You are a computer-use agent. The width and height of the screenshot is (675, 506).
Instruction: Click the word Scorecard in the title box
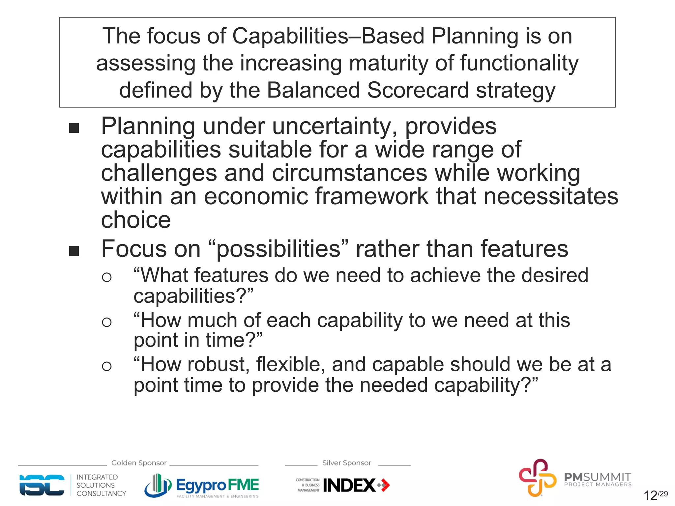pyautogui.click(x=418, y=90)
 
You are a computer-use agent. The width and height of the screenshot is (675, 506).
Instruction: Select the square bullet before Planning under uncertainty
pyautogui.click(x=74, y=128)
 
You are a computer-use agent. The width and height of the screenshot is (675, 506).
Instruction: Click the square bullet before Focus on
pyautogui.click(x=74, y=251)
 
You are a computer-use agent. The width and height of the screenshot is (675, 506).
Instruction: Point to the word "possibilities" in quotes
pyautogui.click(x=279, y=249)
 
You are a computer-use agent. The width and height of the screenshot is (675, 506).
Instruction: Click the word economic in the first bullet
pyautogui.click(x=256, y=196)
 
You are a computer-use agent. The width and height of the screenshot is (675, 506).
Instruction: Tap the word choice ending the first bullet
pyautogui.click(x=136, y=220)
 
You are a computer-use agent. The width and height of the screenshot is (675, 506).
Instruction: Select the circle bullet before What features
pyautogui.click(x=106, y=277)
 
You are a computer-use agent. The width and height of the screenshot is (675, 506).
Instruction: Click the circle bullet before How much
pyautogui.click(x=106, y=322)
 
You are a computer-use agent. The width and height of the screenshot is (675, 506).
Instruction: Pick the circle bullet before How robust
pyautogui.click(x=106, y=366)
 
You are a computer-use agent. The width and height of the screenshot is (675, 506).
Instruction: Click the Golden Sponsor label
pyautogui.click(x=139, y=463)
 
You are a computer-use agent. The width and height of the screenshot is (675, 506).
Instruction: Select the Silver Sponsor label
pyautogui.click(x=346, y=463)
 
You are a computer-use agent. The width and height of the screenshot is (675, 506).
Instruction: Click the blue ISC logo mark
pyautogui.click(x=42, y=485)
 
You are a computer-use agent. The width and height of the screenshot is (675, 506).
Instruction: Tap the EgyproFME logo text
pyautogui.click(x=218, y=485)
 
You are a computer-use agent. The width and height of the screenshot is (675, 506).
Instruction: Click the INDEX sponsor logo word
pyautogui.click(x=349, y=485)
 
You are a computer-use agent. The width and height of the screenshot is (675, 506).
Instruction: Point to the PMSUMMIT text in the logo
pyautogui.click(x=597, y=477)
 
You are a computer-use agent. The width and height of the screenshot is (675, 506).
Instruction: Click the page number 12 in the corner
pyautogui.click(x=650, y=495)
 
